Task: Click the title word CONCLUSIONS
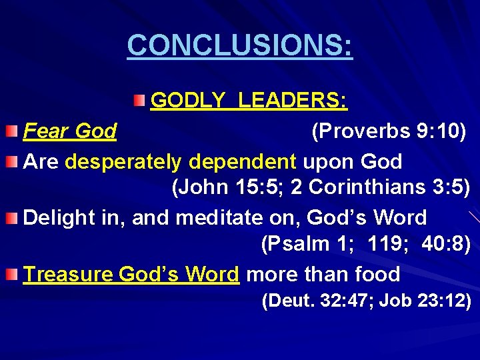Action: coord(239,45)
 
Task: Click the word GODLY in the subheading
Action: coord(188,101)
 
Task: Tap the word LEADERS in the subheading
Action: coord(293,101)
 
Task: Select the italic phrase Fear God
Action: coord(70,131)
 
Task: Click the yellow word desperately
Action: coord(123,161)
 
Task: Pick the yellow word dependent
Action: coord(243,161)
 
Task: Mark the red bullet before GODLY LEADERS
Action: coord(137,100)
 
